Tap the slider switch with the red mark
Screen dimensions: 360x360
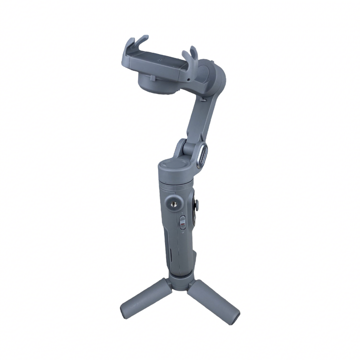[183, 222]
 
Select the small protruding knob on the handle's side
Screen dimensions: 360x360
[196, 203]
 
